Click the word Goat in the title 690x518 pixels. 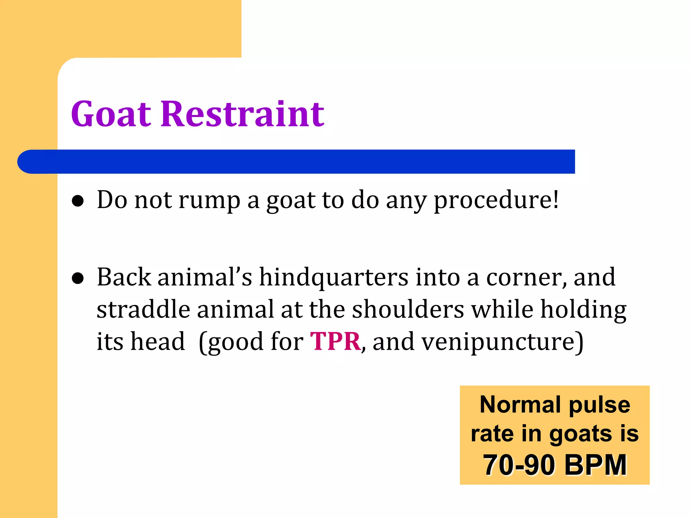(x=111, y=114)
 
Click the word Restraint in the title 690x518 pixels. (x=242, y=114)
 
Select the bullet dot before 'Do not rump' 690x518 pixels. (x=78, y=201)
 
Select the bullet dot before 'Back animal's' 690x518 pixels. (x=78, y=279)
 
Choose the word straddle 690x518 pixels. (x=143, y=310)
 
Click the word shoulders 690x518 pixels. (x=408, y=310)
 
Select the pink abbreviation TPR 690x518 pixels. (x=335, y=342)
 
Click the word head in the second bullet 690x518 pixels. (x=158, y=342)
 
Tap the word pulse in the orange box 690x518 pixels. (x=599, y=405)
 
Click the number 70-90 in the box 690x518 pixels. (x=519, y=465)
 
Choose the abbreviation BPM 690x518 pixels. (x=595, y=465)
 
